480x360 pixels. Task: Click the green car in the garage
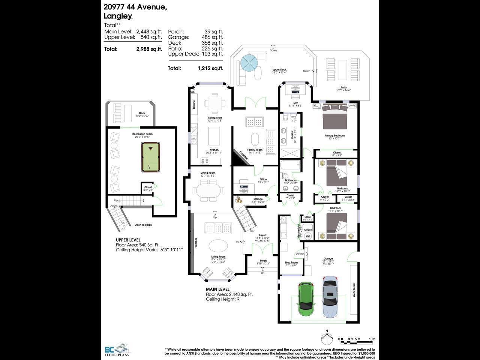(x=305, y=299)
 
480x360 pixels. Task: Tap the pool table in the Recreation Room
(x=150, y=156)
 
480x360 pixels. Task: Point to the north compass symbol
(x=327, y=338)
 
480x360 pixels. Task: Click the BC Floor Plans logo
(x=117, y=350)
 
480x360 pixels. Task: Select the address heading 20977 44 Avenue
(x=135, y=6)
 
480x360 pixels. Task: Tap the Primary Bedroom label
(x=334, y=135)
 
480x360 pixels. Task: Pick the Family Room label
(x=255, y=150)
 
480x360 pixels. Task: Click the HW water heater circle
(x=308, y=236)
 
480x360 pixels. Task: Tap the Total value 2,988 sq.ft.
(x=149, y=49)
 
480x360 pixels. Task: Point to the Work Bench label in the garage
(x=354, y=290)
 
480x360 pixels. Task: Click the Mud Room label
(x=291, y=262)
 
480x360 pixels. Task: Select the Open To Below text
(x=143, y=225)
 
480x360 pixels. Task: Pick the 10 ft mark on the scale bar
(x=372, y=339)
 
